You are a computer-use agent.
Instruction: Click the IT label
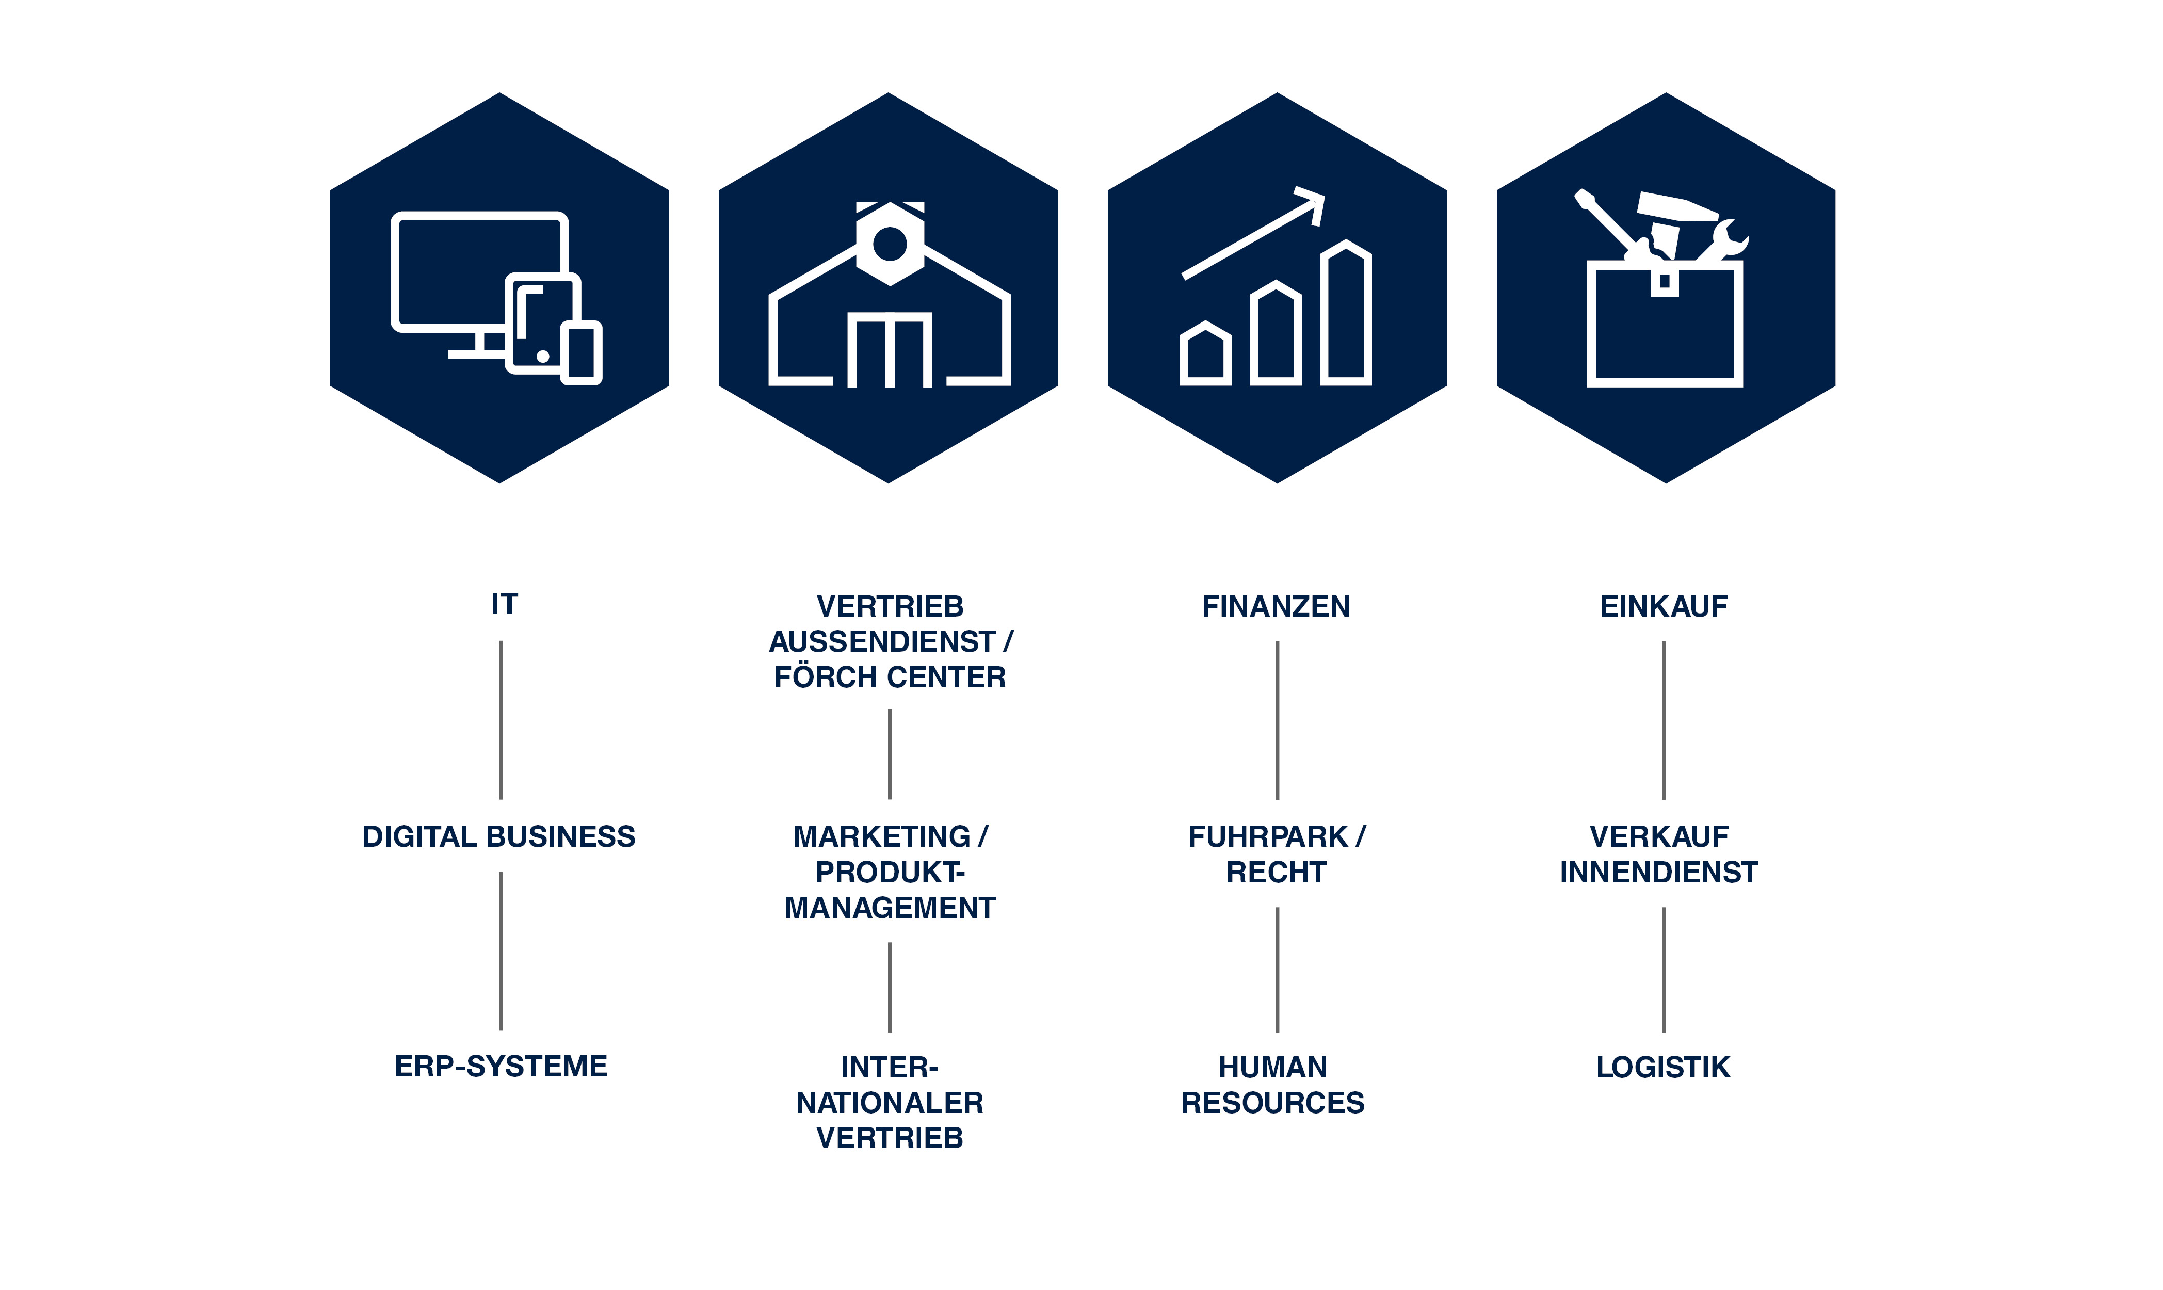click(x=504, y=604)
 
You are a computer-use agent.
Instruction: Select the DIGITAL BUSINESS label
click(x=499, y=836)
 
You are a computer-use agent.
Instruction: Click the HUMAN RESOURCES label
click(x=1273, y=1085)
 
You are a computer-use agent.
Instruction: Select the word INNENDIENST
click(x=1659, y=872)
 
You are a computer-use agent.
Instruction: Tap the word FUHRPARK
click(x=1267, y=836)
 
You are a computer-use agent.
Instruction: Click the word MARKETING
click(x=881, y=836)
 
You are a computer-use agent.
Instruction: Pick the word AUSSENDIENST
click(x=881, y=641)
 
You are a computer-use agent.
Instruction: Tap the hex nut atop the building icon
click(x=890, y=244)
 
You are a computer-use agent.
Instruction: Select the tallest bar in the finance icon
click(x=1346, y=312)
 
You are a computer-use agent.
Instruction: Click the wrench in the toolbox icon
click(x=1723, y=241)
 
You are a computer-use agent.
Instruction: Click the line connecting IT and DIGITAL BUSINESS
click(x=501, y=720)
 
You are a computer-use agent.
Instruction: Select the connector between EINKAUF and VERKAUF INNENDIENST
click(x=1664, y=720)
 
